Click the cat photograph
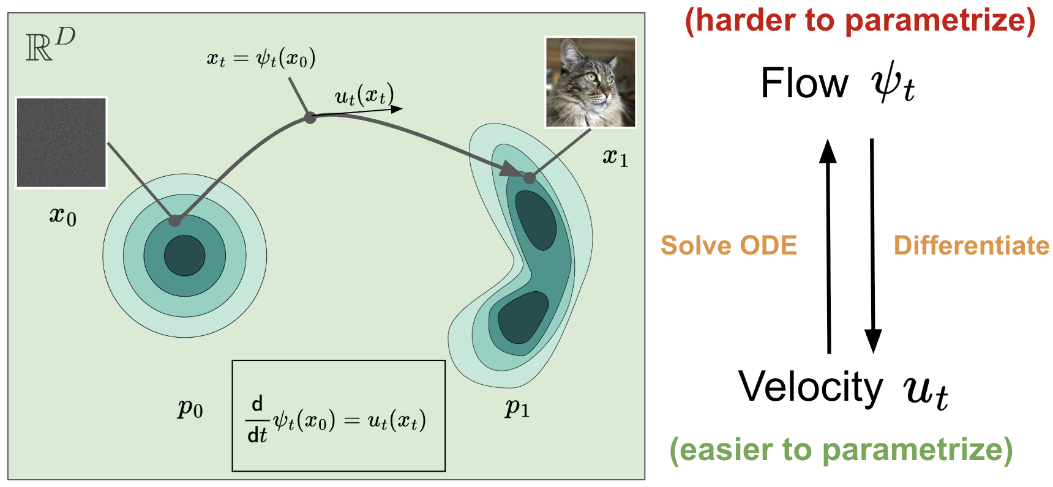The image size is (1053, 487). (x=590, y=82)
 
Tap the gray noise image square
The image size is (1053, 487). (x=61, y=142)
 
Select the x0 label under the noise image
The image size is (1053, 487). (x=62, y=215)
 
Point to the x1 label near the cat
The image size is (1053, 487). (x=615, y=157)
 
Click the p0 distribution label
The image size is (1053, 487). (x=190, y=407)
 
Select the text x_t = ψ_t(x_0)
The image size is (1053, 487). (x=261, y=59)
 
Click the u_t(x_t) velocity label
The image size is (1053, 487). (x=364, y=95)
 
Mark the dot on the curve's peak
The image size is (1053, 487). (x=310, y=117)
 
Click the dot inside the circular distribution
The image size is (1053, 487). (x=175, y=220)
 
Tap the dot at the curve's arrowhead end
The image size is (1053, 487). (x=529, y=178)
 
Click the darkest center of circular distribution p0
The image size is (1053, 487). (x=184, y=256)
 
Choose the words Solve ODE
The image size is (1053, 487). (x=729, y=245)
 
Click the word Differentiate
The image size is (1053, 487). (x=971, y=245)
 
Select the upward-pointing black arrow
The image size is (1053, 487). (x=828, y=245)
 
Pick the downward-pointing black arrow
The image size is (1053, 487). (x=872, y=245)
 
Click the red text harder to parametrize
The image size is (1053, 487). (x=860, y=20)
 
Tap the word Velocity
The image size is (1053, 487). (x=811, y=387)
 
